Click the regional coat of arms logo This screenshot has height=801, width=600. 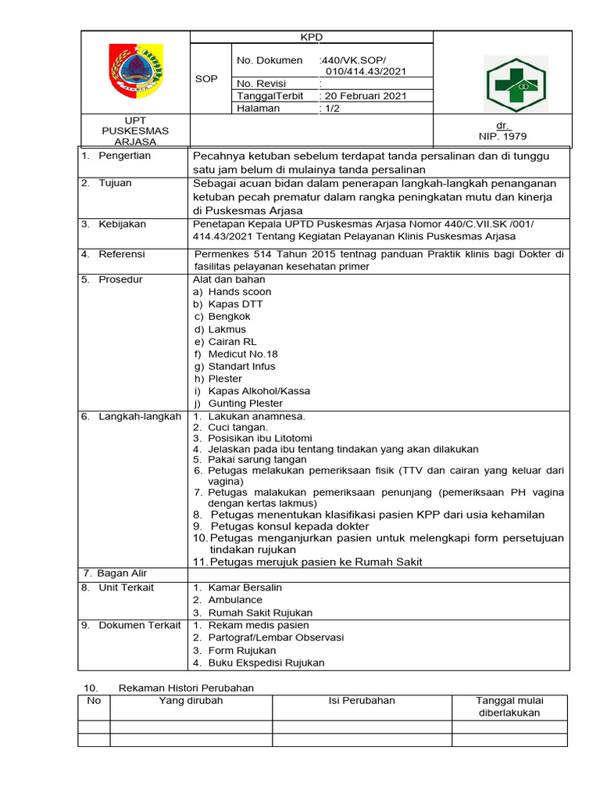click(136, 71)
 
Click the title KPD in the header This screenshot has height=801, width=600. click(312, 37)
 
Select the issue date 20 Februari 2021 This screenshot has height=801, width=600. click(364, 96)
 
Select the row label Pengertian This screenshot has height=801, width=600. click(124, 156)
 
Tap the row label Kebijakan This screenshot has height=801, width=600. click(122, 224)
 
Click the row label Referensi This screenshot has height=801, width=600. click(121, 254)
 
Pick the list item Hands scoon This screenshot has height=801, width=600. click(239, 292)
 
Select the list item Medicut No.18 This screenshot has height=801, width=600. click(243, 354)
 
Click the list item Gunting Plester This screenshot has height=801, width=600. click(245, 404)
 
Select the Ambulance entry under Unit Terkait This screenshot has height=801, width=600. click(235, 600)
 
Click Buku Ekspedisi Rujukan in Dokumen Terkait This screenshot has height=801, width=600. click(266, 663)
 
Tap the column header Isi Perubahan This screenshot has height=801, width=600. click(362, 701)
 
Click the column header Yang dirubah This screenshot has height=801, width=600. click(191, 701)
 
